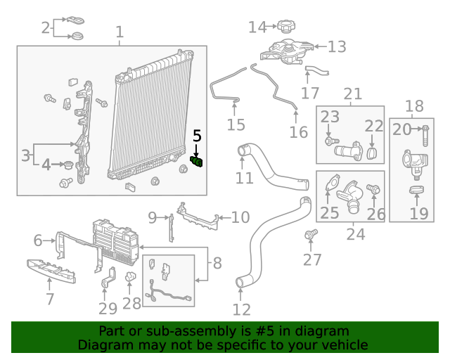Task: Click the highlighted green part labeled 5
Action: click(197, 163)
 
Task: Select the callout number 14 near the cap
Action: click(258, 27)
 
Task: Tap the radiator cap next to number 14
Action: click(285, 27)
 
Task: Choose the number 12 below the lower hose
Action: click(241, 308)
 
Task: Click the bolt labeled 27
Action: click(311, 234)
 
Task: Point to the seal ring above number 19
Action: click(418, 190)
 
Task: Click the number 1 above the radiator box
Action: click(119, 32)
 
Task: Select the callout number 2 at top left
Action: click(46, 28)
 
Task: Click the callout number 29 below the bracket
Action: click(108, 308)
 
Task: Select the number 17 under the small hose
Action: click(310, 93)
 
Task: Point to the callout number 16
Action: click(298, 131)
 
